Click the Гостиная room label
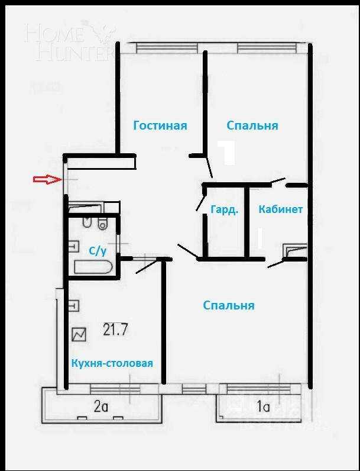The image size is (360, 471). click(x=160, y=125)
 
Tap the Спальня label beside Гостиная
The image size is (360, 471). click(x=252, y=125)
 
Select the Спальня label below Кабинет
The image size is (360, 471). click(x=228, y=305)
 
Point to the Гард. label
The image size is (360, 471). click(x=224, y=209)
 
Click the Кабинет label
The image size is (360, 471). click(x=281, y=209)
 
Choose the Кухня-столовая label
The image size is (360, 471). click(x=112, y=363)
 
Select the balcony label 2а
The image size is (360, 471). click(x=101, y=407)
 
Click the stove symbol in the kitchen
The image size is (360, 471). click(x=79, y=335)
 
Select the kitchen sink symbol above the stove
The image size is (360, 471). click(x=74, y=306)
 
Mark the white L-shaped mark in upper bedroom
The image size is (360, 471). click(x=228, y=152)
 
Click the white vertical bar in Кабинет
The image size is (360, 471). click(x=260, y=239)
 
